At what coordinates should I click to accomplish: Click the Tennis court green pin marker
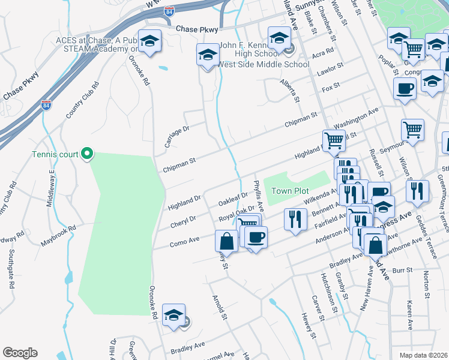click(x=87, y=154)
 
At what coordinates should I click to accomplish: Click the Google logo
click(x=20, y=352)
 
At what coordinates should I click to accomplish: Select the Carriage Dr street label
click(x=177, y=137)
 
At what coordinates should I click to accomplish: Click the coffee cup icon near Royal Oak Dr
click(x=255, y=238)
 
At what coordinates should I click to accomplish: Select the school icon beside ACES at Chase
click(x=150, y=41)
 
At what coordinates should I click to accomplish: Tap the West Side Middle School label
click(x=264, y=65)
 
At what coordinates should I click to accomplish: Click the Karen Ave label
click(x=409, y=315)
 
